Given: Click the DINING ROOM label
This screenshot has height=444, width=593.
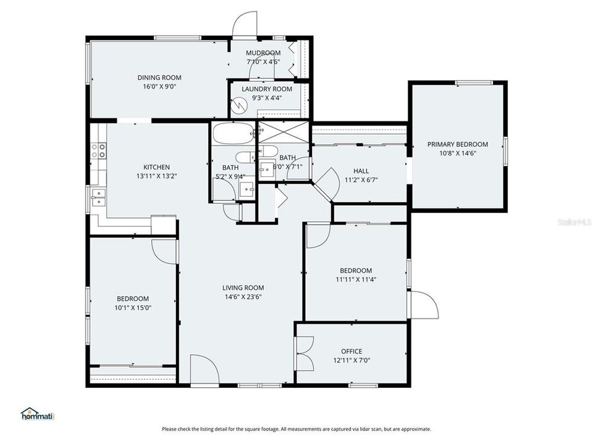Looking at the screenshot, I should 159,78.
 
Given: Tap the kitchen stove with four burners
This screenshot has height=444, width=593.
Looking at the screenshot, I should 98,151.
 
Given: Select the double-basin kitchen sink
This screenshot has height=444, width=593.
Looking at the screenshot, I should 98,197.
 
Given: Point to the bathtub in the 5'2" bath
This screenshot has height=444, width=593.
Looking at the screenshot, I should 232,132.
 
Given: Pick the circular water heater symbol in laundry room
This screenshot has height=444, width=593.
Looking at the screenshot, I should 238,107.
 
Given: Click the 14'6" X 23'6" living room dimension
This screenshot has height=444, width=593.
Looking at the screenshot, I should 243,297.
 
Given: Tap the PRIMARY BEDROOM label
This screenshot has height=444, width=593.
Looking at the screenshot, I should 457,144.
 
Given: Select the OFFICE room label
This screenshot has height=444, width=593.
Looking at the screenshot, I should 351,351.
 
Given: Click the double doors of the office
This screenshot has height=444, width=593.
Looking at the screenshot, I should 305,354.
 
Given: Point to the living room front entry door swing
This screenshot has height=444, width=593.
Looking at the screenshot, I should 204,369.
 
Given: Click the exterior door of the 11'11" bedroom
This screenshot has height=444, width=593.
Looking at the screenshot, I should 423,305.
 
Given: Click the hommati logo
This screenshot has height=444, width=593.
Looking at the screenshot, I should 38,414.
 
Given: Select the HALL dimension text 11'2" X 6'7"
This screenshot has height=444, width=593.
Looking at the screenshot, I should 361,180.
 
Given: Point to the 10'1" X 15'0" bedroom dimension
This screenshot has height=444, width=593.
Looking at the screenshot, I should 133,307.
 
